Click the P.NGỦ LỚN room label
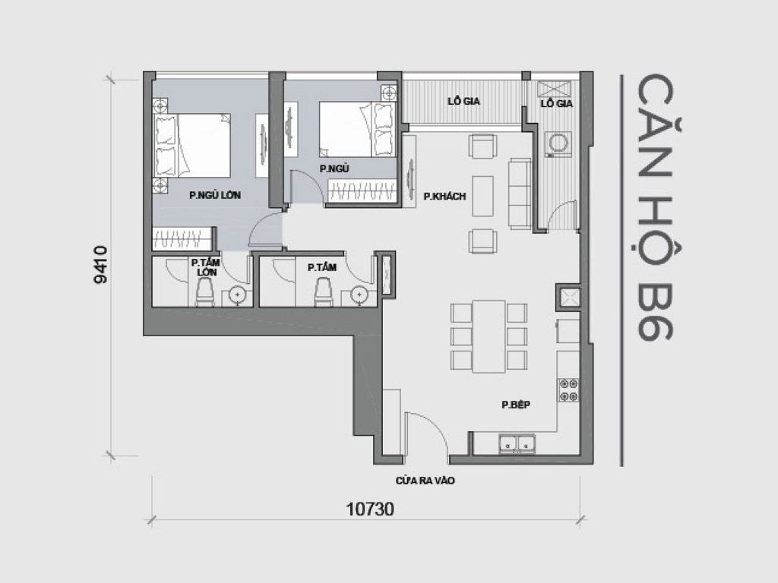click(x=215, y=195)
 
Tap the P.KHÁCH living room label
click(x=444, y=197)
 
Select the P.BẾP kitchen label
click(x=515, y=405)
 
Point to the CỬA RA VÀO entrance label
click(x=425, y=481)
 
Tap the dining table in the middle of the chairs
click(x=488, y=336)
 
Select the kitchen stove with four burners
click(x=568, y=389)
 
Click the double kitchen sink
click(x=518, y=443)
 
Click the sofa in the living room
click(x=520, y=194)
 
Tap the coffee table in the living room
click(x=482, y=194)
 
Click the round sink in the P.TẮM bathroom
click(x=358, y=295)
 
